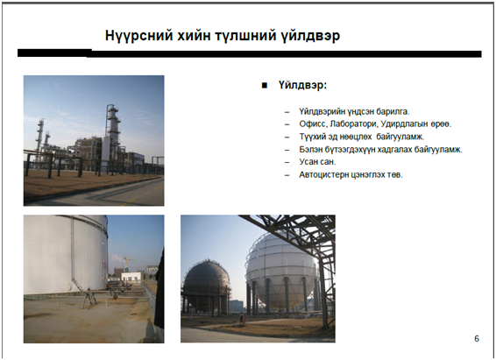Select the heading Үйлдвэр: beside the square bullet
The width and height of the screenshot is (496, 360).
(x=302, y=85)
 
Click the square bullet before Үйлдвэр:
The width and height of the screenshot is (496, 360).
(x=265, y=85)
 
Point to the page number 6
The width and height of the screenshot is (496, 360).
(x=477, y=338)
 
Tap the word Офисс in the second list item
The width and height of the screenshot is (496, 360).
(x=313, y=124)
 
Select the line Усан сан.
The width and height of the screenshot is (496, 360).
(x=317, y=161)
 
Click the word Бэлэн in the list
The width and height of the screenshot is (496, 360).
(x=310, y=149)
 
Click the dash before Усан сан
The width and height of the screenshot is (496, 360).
(x=287, y=162)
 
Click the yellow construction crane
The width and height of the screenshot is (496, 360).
(x=127, y=261)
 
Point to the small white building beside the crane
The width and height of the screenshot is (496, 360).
(x=131, y=276)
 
